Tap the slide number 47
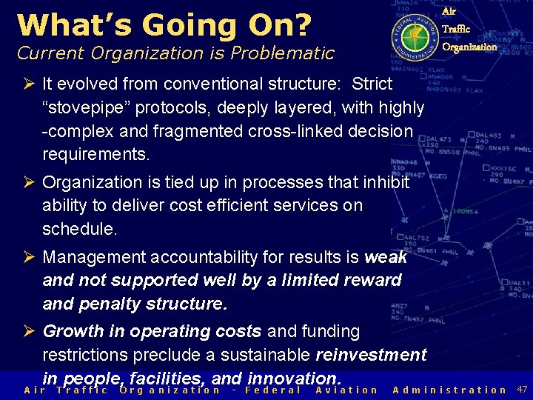[x=522, y=389]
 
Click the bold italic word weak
[x=386, y=257]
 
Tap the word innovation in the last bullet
[x=292, y=378]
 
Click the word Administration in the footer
[x=449, y=390]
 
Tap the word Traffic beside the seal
[x=455, y=30]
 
